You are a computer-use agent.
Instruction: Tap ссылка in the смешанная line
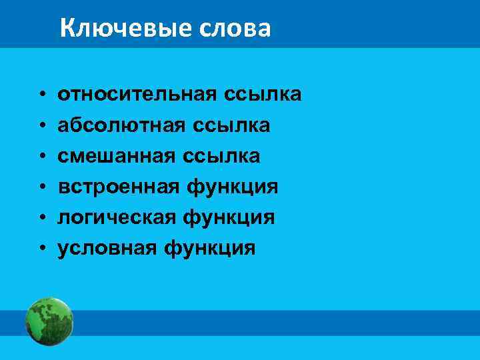click(x=227, y=156)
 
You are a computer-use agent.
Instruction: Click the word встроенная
click(x=118, y=187)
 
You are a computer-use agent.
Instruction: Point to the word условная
click(x=107, y=248)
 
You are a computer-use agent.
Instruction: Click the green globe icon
click(x=49, y=321)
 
